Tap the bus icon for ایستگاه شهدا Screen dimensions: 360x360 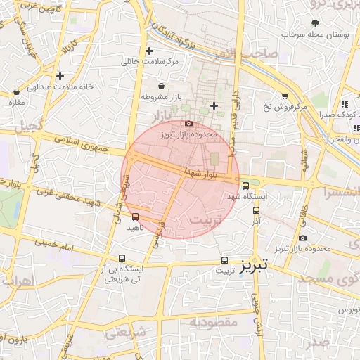245,186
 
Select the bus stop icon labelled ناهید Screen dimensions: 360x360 135,217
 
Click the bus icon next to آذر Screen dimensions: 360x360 255,210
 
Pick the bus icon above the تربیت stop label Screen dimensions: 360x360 224,259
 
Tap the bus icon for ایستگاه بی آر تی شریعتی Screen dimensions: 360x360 123,258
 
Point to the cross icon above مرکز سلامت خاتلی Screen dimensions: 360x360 149,51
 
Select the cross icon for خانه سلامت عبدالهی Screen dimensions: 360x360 60,76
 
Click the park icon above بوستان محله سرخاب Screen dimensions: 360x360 314,23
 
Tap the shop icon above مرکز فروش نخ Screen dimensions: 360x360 284,96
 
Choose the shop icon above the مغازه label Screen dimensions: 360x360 16,91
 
